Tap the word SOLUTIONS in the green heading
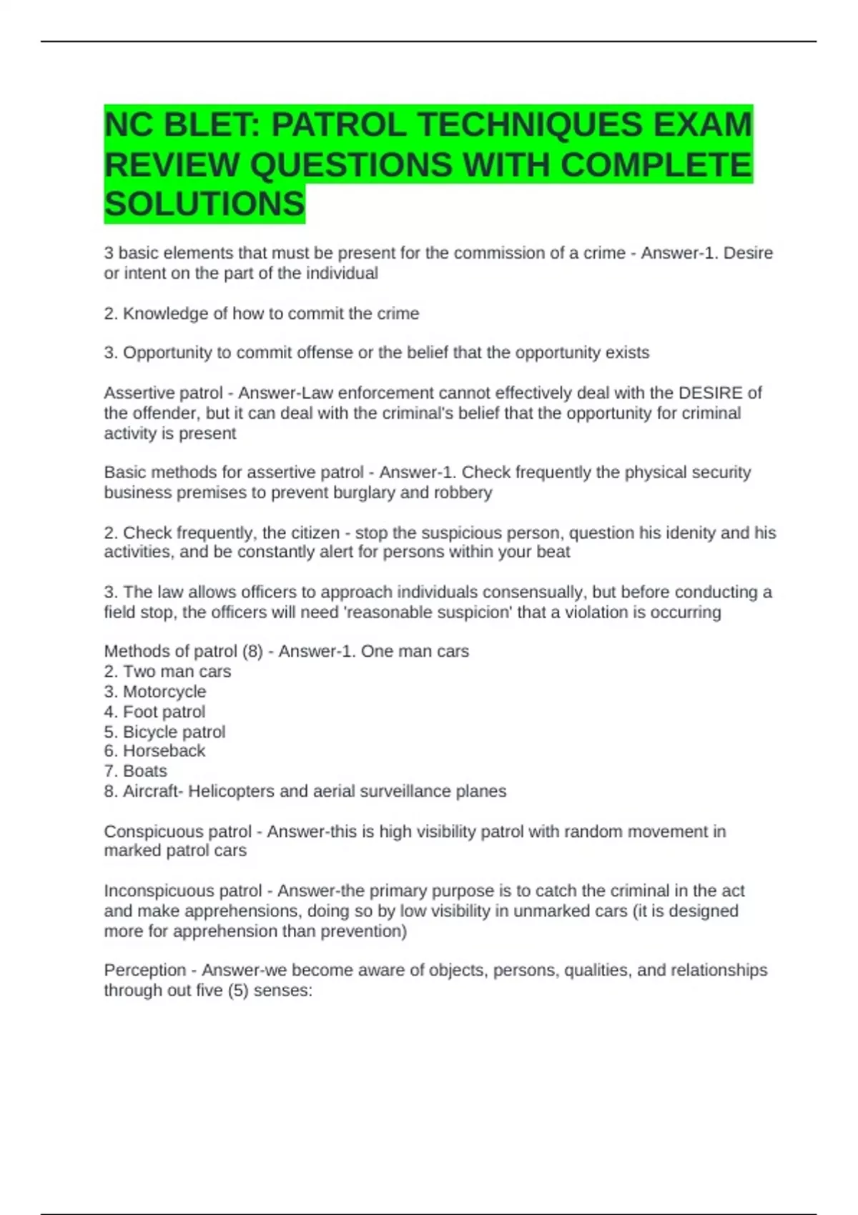(204, 204)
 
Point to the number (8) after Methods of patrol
(252, 651)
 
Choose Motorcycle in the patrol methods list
(164, 691)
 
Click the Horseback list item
(164, 750)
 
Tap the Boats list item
(145, 770)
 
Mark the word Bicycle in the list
(149, 731)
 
